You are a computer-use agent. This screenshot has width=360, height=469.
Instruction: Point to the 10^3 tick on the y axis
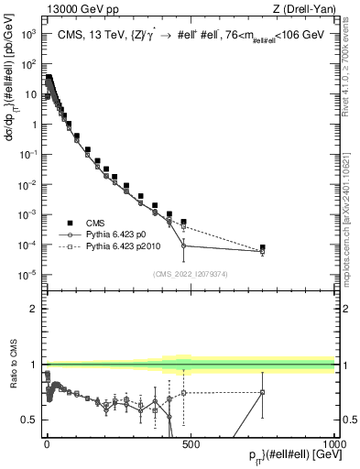[28, 34]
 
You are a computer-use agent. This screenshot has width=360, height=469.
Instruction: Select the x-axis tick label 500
[191, 443]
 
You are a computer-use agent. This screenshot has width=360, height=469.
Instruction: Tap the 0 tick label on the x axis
[47, 443]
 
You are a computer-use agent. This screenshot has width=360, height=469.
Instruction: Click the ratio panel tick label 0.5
[31, 420]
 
